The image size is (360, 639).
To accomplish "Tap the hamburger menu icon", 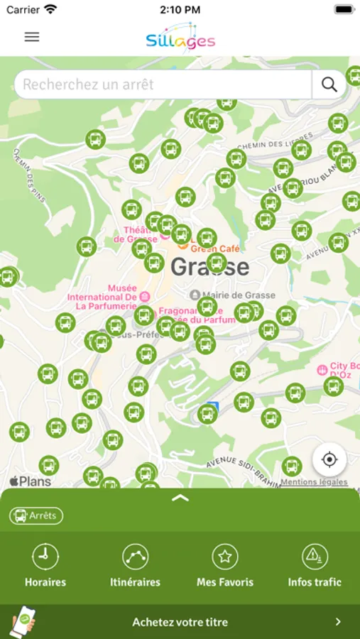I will pos(32,37).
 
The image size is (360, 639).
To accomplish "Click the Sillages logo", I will pos(180,38).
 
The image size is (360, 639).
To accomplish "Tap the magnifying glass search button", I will pos(329,84).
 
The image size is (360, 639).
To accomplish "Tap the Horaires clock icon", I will pos(45,557).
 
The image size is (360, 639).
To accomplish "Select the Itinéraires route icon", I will pos(135,557).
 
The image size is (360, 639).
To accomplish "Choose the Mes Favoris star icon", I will pos(225,557).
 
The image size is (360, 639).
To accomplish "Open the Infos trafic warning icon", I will pos(315,557).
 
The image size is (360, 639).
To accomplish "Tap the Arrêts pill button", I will pos(36,516).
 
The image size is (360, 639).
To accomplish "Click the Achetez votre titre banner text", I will pos(180,622).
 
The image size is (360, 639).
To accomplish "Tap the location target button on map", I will pos(329,459).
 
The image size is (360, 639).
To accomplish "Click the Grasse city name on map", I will pos(210,267).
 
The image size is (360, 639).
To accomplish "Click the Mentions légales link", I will pos(314,482).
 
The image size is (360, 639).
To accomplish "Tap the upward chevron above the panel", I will pos(180,498).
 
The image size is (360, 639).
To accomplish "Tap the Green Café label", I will pos(216,248).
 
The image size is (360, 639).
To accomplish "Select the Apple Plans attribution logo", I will pos(31,481).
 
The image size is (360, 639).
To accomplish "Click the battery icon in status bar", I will pos(344,10).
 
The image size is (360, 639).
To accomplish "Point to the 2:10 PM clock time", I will pos(180,10).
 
